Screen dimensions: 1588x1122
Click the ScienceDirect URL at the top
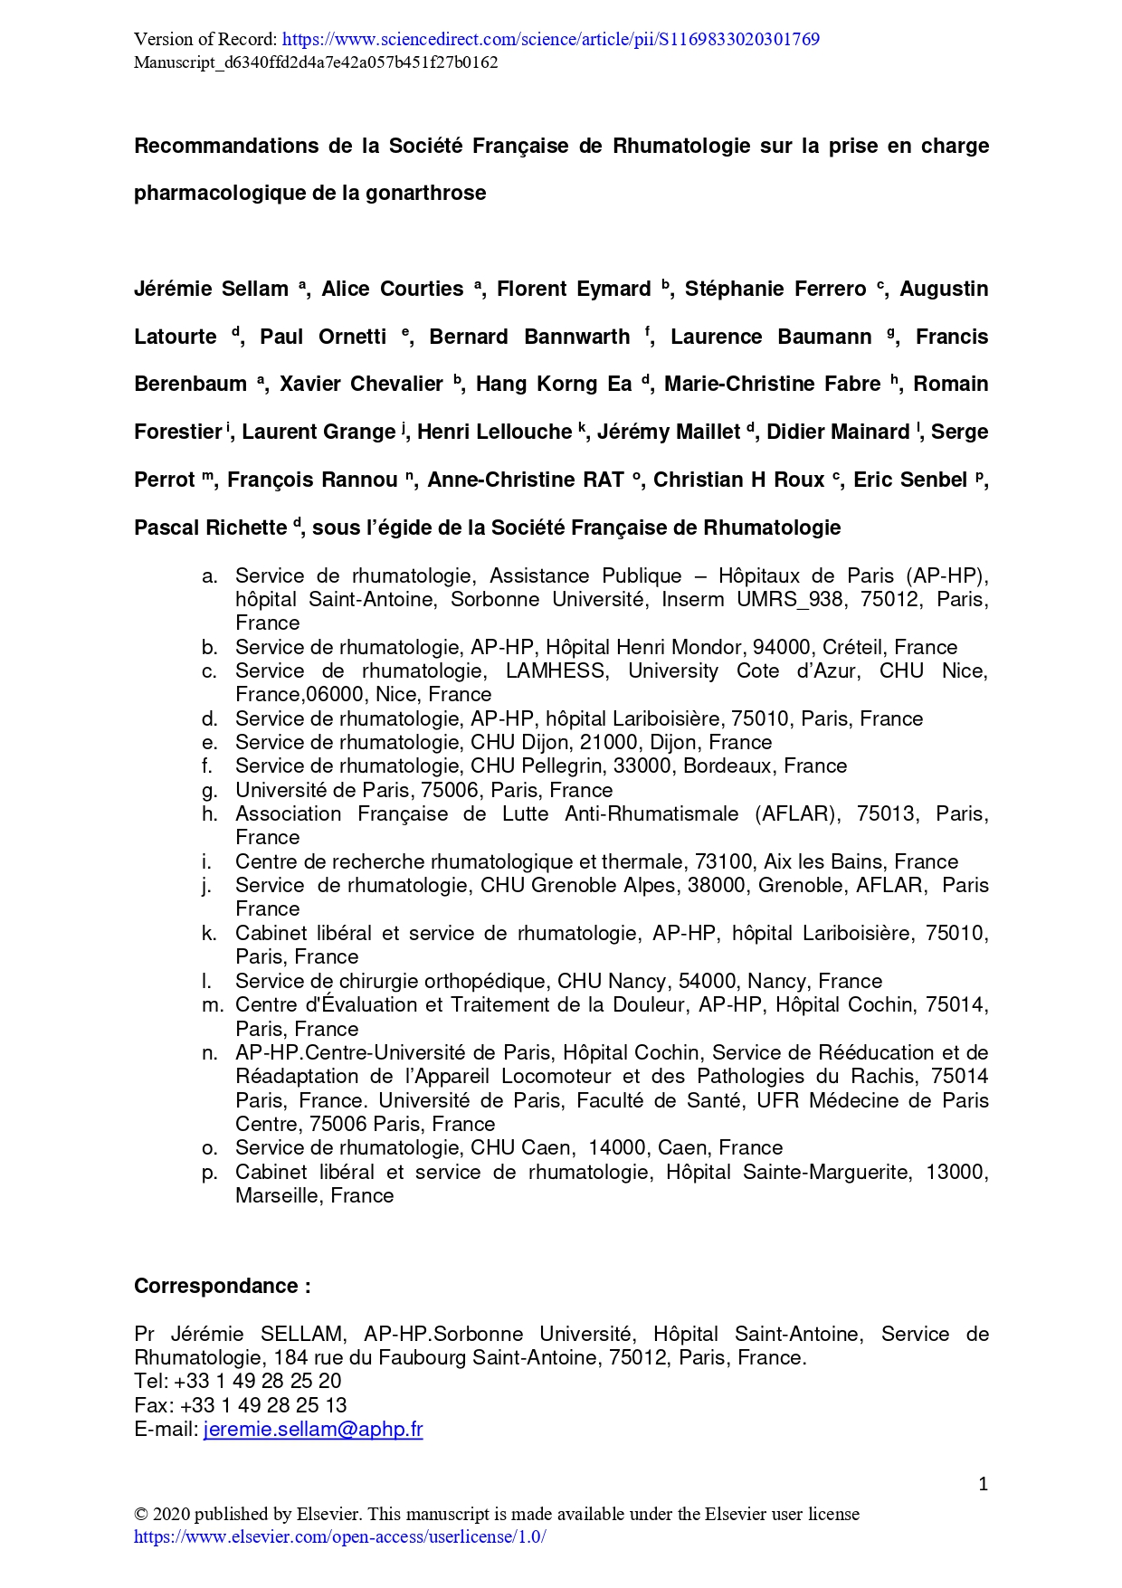pyautogui.click(x=550, y=39)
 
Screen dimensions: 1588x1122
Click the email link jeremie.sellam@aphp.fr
pyautogui.click(x=313, y=1429)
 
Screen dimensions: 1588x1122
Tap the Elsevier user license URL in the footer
pyautogui.click(x=339, y=1537)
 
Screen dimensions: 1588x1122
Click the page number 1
pyautogui.click(x=983, y=1484)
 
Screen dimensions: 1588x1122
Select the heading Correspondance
pyautogui.click(x=222, y=1286)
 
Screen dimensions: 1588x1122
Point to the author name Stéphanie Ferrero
pyautogui.click(x=775, y=290)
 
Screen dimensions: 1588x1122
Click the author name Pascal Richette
pyautogui.click(x=210, y=528)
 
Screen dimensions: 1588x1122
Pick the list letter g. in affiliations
pyautogui.click(x=209, y=790)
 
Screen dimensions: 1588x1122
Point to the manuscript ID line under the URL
pyautogui.click(x=316, y=62)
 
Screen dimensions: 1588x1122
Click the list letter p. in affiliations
pyautogui.click(x=209, y=1172)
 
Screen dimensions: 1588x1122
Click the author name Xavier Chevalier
pyautogui.click(x=361, y=385)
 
